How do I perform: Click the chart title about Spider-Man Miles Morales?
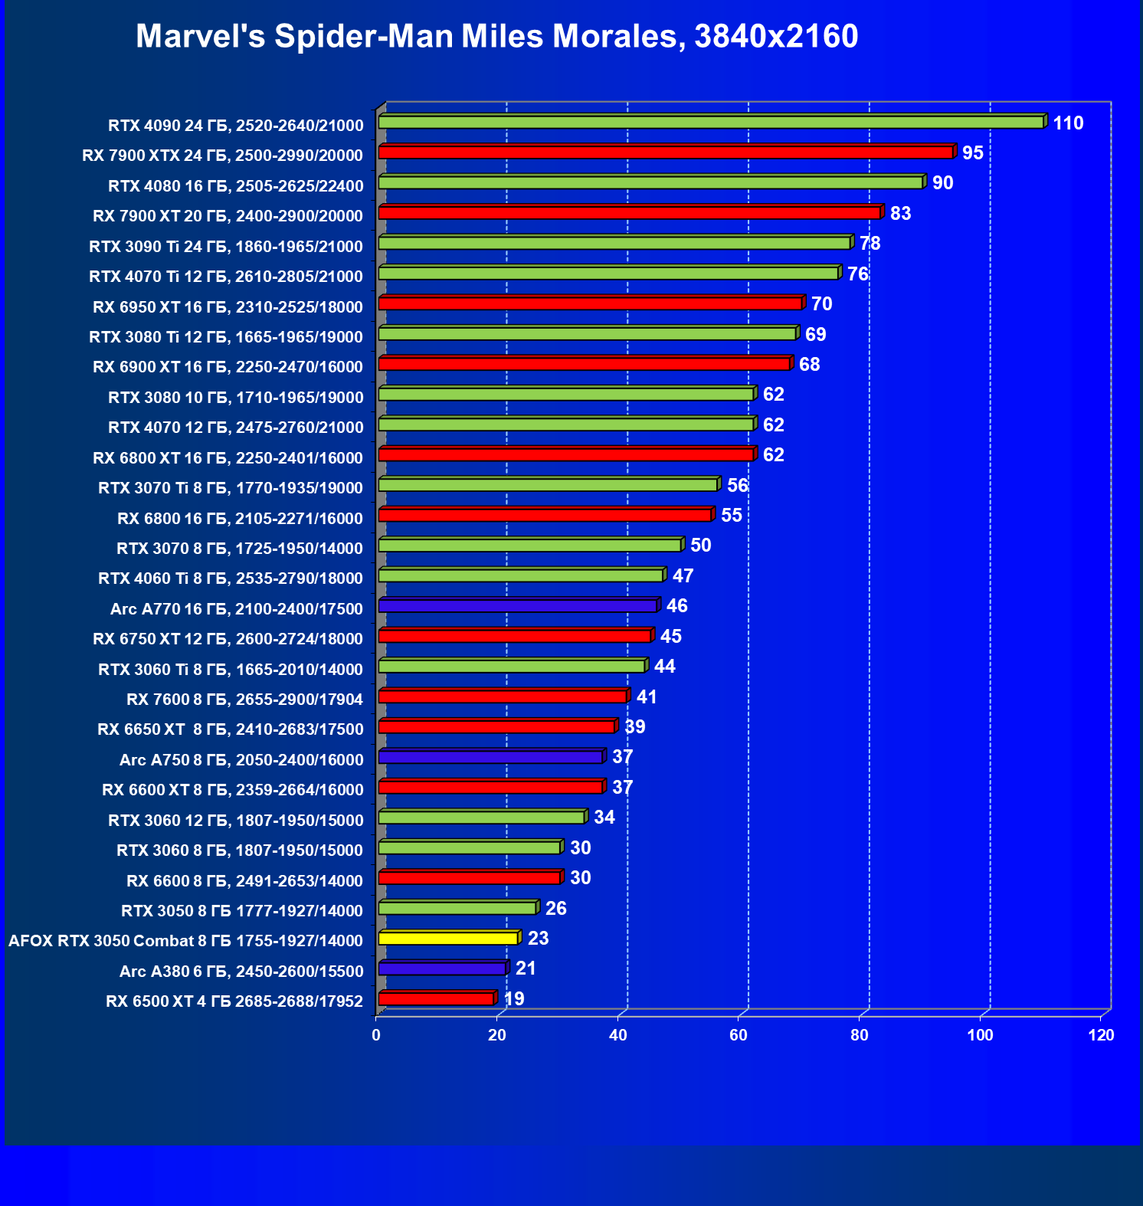click(496, 36)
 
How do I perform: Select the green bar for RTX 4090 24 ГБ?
click(711, 123)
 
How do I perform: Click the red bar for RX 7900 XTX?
click(666, 152)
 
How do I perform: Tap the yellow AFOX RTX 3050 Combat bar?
click(448, 938)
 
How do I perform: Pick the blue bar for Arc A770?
click(518, 606)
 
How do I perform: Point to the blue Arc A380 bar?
click(442, 968)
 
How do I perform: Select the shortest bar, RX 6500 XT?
click(436, 998)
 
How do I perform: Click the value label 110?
click(1068, 123)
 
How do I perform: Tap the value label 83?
click(900, 214)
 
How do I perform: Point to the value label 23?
click(538, 939)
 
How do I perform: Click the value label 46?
click(676, 606)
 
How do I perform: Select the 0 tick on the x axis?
click(376, 1035)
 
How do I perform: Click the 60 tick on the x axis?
click(739, 1035)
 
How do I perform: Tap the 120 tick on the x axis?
click(1101, 1035)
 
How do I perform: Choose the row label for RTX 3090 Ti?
click(226, 247)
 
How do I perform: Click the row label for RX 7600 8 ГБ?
click(244, 699)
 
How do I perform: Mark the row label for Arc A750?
click(241, 759)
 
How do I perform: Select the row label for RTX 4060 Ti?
click(231, 578)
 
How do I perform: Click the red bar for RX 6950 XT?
click(590, 303)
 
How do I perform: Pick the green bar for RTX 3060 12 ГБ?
click(481, 818)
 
